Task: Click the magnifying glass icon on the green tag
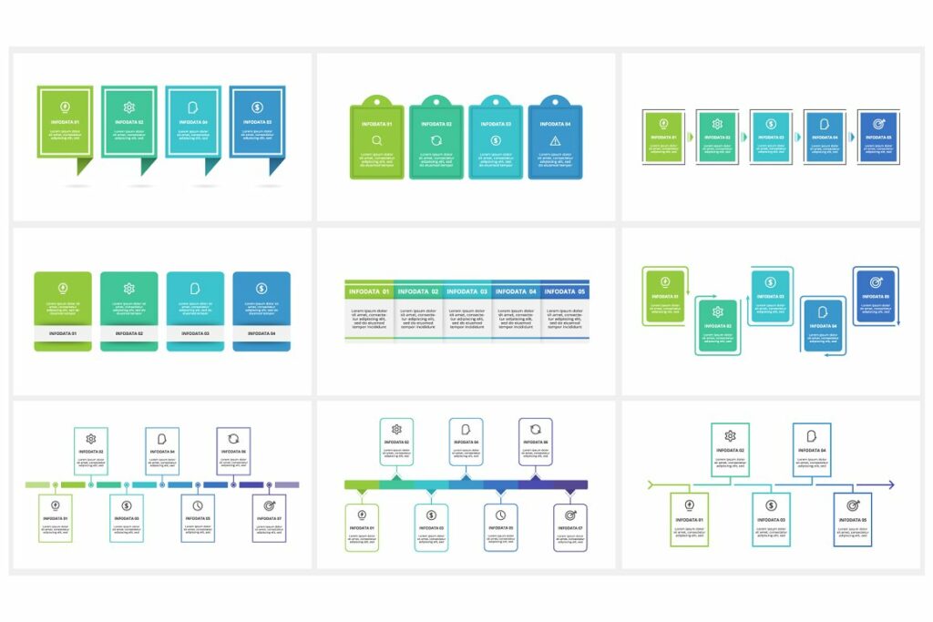point(377,140)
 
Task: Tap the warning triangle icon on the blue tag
point(555,140)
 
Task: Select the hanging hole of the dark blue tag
point(555,101)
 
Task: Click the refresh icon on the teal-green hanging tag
point(436,140)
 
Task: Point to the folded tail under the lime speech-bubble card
point(85,166)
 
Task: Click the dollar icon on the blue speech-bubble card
point(257,107)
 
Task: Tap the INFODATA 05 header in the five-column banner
point(565,291)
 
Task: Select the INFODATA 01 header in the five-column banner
point(369,291)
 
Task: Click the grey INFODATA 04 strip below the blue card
point(261,333)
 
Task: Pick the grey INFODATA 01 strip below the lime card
point(63,333)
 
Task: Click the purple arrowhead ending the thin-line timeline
point(890,484)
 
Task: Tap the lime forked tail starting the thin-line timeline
point(651,484)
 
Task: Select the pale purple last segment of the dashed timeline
point(287,484)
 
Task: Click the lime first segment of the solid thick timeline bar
point(362,484)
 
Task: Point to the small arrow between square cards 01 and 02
point(690,137)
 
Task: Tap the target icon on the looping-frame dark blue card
point(876,282)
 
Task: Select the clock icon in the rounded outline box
point(500,515)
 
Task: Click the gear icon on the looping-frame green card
point(717,312)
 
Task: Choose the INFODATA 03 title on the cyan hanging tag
point(496,124)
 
